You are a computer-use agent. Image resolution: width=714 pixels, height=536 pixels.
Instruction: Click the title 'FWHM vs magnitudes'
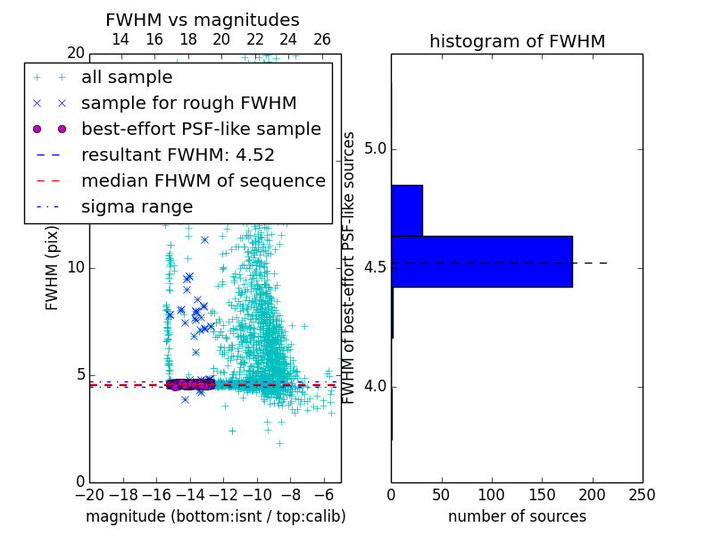[x=203, y=20]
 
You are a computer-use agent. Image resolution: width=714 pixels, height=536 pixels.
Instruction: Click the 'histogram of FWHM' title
[x=517, y=41]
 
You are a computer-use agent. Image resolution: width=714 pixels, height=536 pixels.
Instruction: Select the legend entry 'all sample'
[x=127, y=78]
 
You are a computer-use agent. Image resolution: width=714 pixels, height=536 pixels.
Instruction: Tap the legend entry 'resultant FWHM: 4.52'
[x=178, y=155]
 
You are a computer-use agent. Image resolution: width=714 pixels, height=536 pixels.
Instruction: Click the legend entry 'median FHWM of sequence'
[x=203, y=181]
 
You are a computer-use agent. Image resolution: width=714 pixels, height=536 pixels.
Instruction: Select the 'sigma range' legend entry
[x=137, y=207]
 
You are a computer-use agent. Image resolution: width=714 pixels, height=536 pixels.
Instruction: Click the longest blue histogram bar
[x=482, y=262]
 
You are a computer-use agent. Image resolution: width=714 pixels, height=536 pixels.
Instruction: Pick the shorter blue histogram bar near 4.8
[x=407, y=211]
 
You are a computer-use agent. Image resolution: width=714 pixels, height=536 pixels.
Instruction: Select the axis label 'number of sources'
[x=517, y=516]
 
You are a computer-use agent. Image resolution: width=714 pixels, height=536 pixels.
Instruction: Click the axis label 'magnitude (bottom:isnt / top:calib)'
[x=215, y=516]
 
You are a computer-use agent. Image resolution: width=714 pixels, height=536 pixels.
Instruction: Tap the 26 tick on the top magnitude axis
[x=322, y=39]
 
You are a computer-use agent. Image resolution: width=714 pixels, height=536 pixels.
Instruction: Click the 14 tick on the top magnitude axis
[x=120, y=39]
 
